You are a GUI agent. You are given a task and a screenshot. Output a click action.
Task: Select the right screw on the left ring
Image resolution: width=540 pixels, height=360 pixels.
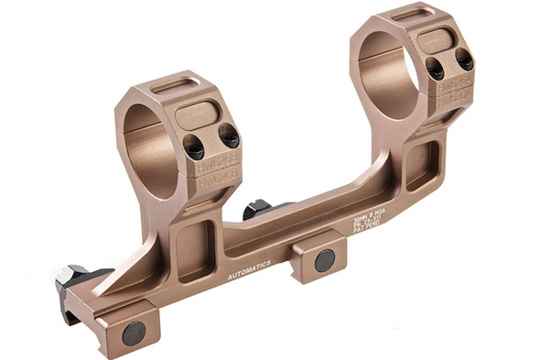[x=229, y=136]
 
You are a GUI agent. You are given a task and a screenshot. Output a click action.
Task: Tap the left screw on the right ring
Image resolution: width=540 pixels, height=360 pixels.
[x=434, y=68]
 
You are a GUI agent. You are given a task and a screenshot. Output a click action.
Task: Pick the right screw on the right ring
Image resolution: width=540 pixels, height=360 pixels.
[x=464, y=60]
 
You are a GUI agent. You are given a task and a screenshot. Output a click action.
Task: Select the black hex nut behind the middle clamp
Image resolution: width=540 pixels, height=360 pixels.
[x=257, y=210]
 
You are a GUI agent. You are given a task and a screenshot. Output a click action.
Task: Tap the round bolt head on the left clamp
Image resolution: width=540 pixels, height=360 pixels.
[x=134, y=333]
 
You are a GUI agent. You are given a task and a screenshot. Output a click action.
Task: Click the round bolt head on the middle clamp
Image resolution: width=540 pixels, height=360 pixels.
[x=325, y=260]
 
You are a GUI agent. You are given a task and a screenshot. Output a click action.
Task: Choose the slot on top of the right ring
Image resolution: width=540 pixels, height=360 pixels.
[x=411, y=14]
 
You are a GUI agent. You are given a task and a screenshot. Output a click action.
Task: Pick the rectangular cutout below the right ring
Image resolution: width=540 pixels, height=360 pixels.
[x=423, y=163]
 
